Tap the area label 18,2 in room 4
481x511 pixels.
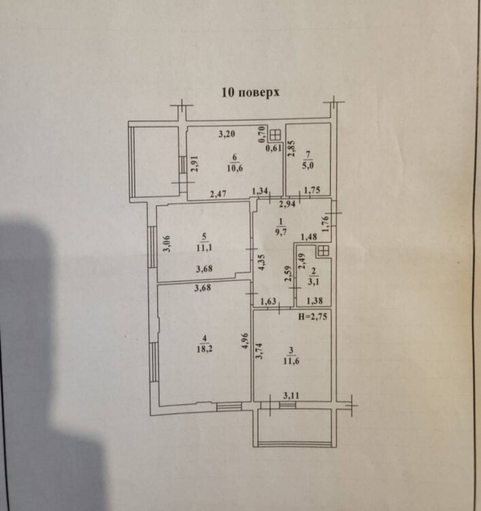click(203, 349)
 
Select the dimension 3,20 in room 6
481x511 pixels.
click(227, 134)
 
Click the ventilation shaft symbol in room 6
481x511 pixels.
click(276, 134)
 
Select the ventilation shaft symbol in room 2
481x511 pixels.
click(323, 251)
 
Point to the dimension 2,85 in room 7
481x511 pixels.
click(291, 149)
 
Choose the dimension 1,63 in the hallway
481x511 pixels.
click(269, 300)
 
